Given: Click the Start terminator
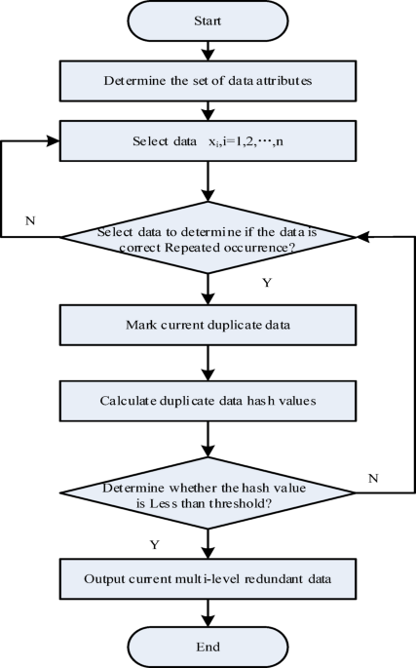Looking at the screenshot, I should click(208, 21).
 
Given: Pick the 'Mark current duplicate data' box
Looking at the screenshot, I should click(208, 324).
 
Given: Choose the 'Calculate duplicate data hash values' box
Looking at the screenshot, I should click(208, 400).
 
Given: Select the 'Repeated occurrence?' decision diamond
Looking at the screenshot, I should click(208, 237).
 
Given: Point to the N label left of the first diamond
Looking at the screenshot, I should click(32, 219).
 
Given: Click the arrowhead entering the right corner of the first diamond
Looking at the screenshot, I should click(361, 237).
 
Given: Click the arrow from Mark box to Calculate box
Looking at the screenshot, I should click(208, 361).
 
